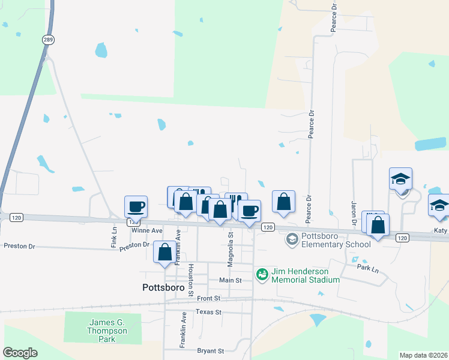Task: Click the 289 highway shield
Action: pyautogui.click(x=49, y=39)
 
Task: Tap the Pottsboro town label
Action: pyautogui.click(x=163, y=287)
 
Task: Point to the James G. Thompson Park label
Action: pyautogui.click(x=107, y=331)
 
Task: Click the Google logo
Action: pyautogui.click(x=20, y=353)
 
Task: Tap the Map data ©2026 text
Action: pyautogui.click(x=423, y=355)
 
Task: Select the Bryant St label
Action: pyautogui.click(x=210, y=350)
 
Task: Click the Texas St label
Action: pyautogui.click(x=208, y=312)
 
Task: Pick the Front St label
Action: pyautogui.click(x=208, y=298)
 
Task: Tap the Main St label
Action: pyautogui.click(x=230, y=280)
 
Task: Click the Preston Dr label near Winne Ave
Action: pyautogui.click(x=134, y=245)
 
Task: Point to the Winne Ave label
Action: pyautogui.click(x=146, y=230)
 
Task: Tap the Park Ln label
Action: pyautogui.click(x=367, y=268)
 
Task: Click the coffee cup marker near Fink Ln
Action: pyautogui.click(x=136, y=206)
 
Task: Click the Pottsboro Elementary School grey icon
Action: pyautogui.click(x=292, y=240)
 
